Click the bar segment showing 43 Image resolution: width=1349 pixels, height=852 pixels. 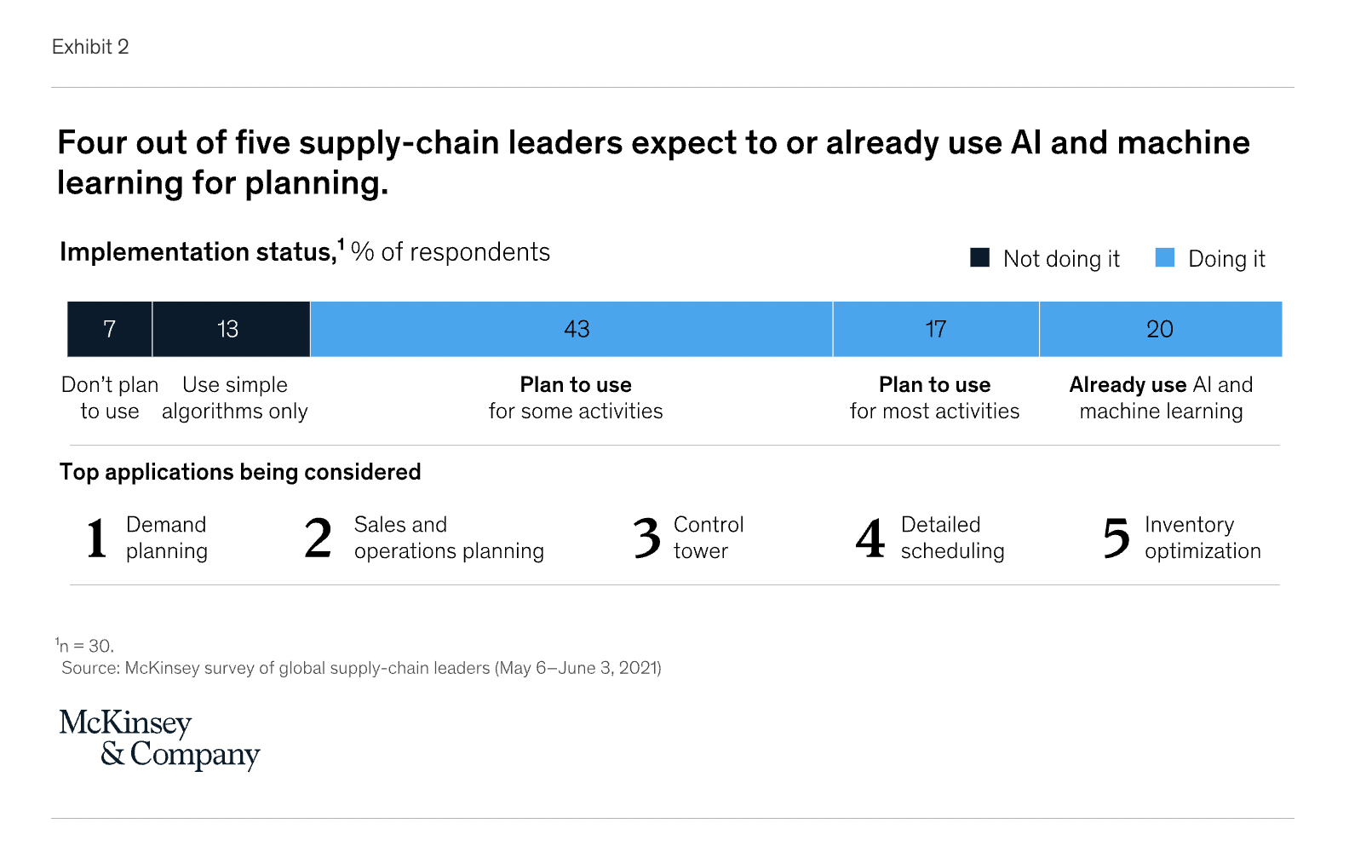(x=571, y=329)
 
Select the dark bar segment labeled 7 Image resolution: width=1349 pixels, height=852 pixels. (x=110, y=329)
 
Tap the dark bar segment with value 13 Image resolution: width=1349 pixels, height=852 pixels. (x=231, y=329)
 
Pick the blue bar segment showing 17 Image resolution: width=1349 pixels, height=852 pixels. (x=936, y=329)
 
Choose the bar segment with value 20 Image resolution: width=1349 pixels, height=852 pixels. (x=1160, y=329)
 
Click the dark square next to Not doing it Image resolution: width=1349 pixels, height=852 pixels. (x=980, y=257)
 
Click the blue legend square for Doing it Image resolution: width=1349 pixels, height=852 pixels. (x=1165, y=257)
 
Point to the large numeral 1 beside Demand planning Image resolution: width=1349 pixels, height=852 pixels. (x=97, y=538)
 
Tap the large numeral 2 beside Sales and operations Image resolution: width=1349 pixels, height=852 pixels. (x=318, y=538)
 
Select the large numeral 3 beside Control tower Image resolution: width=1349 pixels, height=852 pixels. (x=647, y=538)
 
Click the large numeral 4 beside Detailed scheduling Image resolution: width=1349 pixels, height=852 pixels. (x=870, y=538)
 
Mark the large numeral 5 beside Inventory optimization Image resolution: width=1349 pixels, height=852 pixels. (x=1116, y=538)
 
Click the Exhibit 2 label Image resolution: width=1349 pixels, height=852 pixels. (x=90, y=47)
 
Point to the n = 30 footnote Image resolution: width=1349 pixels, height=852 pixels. (x=86, y=646)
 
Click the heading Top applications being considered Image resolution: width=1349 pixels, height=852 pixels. (x=240, y=472)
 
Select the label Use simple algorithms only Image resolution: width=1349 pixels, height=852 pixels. (x=235, y=398)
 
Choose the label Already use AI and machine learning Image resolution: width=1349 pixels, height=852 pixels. (x=1161, y=398)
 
